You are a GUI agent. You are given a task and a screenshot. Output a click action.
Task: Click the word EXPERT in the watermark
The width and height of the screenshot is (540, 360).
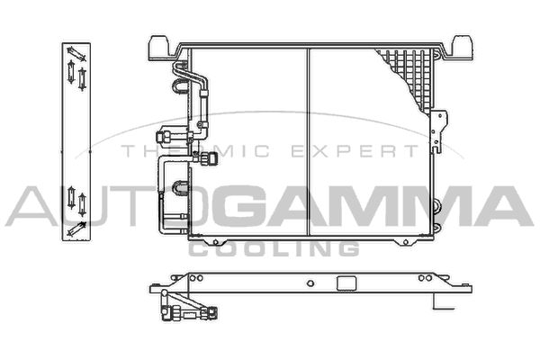[x=355, y=151]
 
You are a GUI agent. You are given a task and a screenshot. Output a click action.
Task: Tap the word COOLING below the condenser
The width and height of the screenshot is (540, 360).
[x=274, y=248]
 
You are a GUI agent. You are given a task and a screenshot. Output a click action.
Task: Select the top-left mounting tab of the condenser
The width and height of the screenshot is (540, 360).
[x=160, y=48]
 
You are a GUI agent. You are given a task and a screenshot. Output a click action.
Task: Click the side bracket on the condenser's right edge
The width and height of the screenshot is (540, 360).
[x=438, y=130]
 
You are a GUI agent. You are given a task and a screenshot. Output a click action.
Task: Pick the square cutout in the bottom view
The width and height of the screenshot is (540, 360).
[x=346, y=283]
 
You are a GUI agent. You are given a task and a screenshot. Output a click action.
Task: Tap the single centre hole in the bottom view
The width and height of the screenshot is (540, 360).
[x=310, y=283]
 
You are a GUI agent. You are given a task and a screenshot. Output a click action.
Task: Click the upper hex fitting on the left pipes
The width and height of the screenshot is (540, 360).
[x=165, y=137]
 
